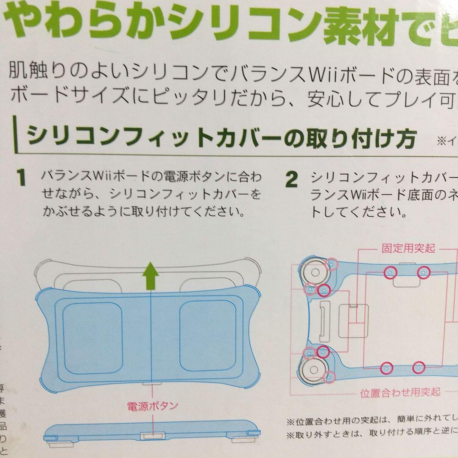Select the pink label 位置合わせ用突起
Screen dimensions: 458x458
point(400,392)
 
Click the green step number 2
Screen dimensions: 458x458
point(291,180)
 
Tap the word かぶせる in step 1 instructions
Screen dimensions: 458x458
point(70,211)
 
